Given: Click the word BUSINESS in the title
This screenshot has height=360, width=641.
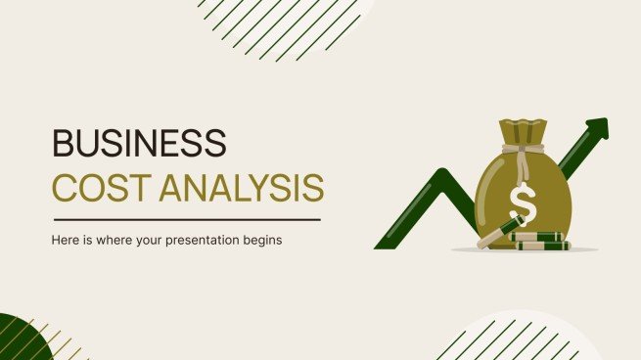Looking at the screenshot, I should coord(139,143).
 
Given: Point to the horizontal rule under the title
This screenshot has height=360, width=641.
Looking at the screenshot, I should coord(186,218).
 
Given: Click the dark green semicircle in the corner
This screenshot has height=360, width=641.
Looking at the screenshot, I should coord(22,339).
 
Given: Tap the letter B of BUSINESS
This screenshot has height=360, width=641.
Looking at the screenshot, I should coord(63,143).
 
